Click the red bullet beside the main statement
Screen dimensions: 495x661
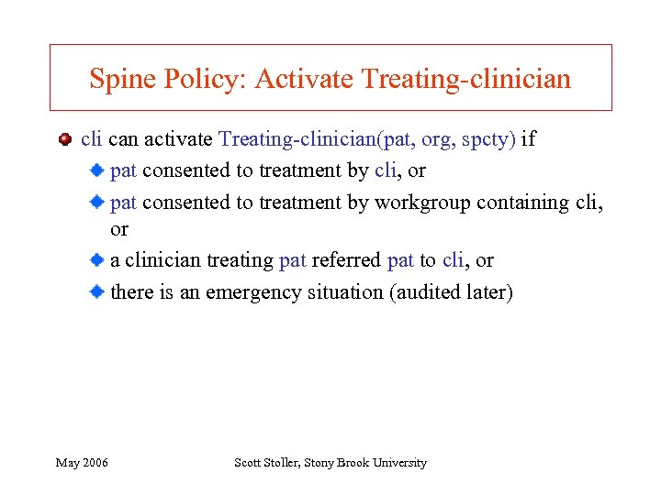coord(64,140)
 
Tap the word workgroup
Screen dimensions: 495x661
coord(420,203)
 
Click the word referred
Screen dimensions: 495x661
coord(346,260)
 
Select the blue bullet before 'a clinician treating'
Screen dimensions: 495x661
coord(96,260)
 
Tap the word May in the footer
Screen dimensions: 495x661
coord(67,463)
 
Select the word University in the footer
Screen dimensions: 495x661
coord(399,463)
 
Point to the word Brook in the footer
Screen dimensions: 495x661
coord(353,463)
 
